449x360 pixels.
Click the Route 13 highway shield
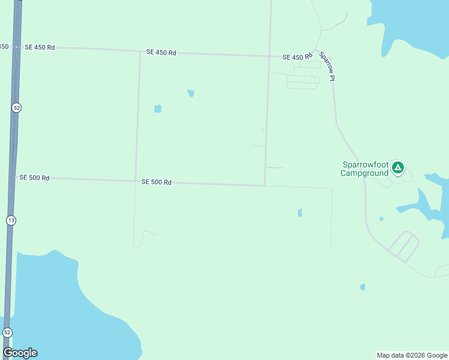pyautogui.click(x=11, y=220)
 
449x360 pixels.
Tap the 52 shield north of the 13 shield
pyautogui.click(x=16, y=107)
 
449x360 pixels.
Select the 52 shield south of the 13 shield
pyautogui.click(x=7, y=332)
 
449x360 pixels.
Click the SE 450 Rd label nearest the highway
pyautogui.click(x=40, y=47)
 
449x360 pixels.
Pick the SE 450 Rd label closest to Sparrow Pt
pyautogui.click(x=298, y=57)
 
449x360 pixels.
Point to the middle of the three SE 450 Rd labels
pyautogui.click(x=161, y=53)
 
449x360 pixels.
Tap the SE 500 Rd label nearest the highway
pyautogui.click(x=34, y=178)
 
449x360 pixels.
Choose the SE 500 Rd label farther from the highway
pyautogui.click(x=157, y=182)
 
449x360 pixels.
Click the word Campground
pyautogui.click(x=364, y=173)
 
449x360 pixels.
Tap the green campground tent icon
pyautogui.click(x=397, y=167)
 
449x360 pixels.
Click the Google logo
pyautogui.click(x=20, y=353)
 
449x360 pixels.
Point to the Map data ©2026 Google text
pyautogui.click(x=412, y=355)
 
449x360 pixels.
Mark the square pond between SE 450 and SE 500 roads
pyautogui.click(x=157, y=109)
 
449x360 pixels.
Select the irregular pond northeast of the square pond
pyautogui.click(x=191, y=93)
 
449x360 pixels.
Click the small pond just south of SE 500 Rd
pyautogui.click(x=300, y=212)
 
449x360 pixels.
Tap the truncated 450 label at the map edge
pyautogui.click(x=4, y=46)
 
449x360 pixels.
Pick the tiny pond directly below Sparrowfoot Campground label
pyautogui.click(x=381, y=219)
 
